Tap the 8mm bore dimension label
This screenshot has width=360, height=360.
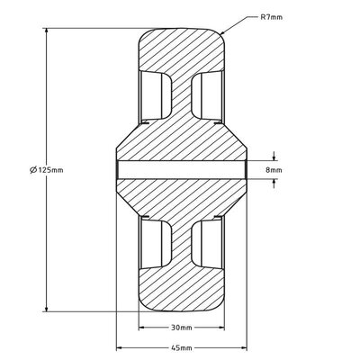point(274,168)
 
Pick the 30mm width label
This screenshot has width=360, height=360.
point(181,328)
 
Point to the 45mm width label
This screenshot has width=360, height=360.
point(181,346)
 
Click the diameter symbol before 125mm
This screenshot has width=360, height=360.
point(33,169)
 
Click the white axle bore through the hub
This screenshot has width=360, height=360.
point(180,168)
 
